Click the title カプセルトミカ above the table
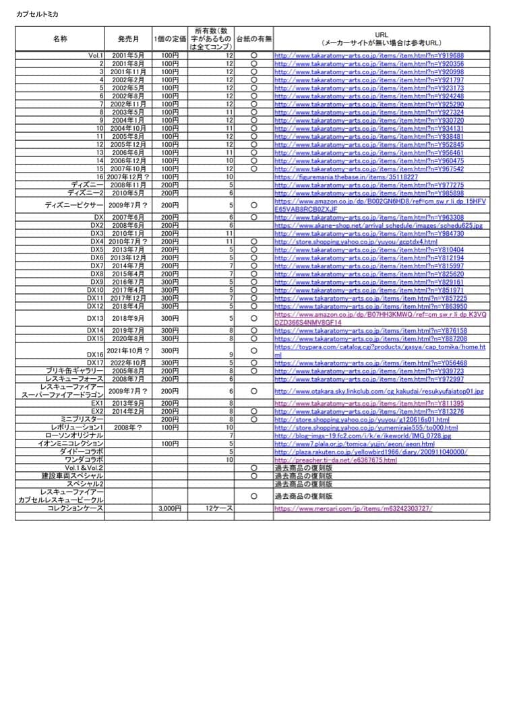39,14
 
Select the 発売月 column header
127,39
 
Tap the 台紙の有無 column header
254,39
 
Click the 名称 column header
59,39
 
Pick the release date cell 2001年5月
127,55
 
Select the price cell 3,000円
169,509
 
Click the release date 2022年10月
127,363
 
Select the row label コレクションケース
75,509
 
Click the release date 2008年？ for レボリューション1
127,427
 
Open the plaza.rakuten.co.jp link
370,452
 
